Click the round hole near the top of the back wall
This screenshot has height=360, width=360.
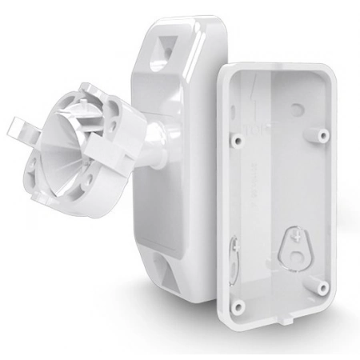point(297,106)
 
